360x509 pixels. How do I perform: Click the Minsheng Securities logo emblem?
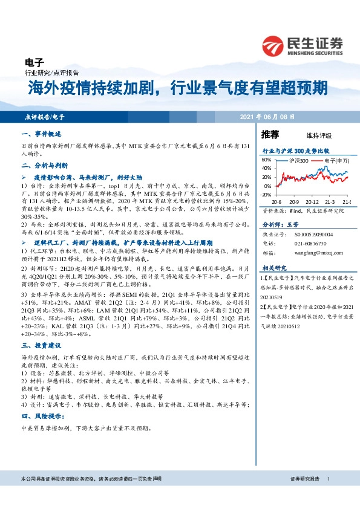[272, 45]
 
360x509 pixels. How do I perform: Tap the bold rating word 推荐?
[270, 134]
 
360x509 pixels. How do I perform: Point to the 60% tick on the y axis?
[266, 160]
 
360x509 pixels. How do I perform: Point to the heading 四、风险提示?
[39, 417]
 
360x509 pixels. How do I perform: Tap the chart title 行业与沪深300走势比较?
[295, 149]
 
